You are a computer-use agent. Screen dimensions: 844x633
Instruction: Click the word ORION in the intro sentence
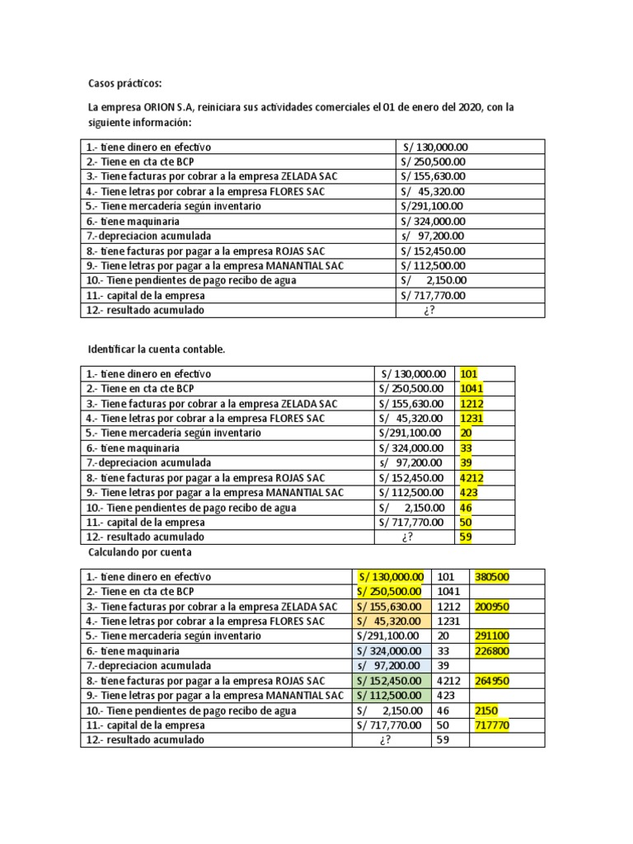(x=161, y=108)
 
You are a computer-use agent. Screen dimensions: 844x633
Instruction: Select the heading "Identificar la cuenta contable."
(x=156, y=349)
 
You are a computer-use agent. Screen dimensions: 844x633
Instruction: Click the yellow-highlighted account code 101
(x=468, y=373)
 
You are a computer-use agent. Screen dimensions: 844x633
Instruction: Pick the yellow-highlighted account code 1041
(x=471, y=388)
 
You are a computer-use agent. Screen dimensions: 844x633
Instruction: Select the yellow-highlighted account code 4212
(x=471, y=477)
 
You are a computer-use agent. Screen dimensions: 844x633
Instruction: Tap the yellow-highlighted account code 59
(x=466, y=537)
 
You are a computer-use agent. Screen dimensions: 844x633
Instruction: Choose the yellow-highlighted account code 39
(x=466, y=462)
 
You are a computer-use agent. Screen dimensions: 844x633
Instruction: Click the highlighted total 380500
(x=492, y=577)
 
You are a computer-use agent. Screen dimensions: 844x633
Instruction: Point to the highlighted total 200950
(x=492, y=607)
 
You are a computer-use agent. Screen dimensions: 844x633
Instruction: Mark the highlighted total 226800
(x=492, y=651)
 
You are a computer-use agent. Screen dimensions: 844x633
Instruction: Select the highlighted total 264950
(x=492, y=681)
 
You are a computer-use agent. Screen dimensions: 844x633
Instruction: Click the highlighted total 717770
(x=492, y=725)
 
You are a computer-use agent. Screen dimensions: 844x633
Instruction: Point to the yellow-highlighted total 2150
(x=486, y=710)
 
